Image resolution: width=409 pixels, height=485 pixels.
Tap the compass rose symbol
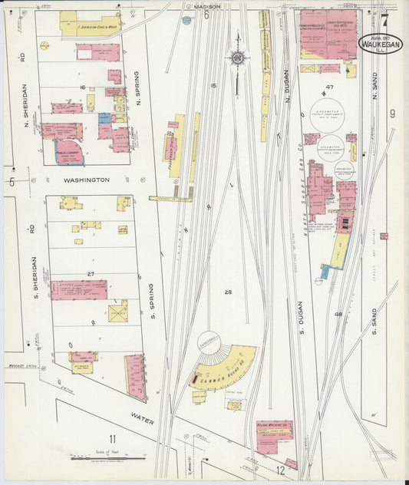pos(238,58)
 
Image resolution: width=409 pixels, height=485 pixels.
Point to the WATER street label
pos(141,419)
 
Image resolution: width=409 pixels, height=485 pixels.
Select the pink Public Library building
pos(71,152)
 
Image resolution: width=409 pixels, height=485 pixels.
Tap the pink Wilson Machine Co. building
pos(275,436)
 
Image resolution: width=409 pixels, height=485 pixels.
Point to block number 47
pos(329,87)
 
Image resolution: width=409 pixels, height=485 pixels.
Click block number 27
pos(91,274)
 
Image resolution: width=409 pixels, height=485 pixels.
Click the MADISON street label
pos(206,6)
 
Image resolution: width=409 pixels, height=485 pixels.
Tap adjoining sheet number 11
pos(113,439)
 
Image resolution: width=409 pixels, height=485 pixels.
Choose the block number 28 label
pos(227,292)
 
